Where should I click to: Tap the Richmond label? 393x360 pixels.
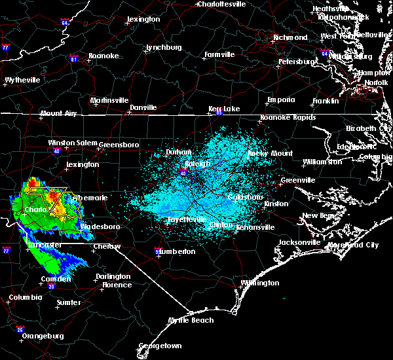coord(290,38)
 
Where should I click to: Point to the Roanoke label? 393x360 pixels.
coord(103,56)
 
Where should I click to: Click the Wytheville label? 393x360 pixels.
coord(22,80)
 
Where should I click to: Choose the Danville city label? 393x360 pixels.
coord(143,107)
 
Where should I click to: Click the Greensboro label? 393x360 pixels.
coord(119,145)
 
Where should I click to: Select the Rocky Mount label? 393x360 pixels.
coord(261,153)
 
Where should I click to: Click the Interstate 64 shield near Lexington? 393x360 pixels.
coord(65,23)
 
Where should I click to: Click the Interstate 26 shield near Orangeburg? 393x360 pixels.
coord(20,329)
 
